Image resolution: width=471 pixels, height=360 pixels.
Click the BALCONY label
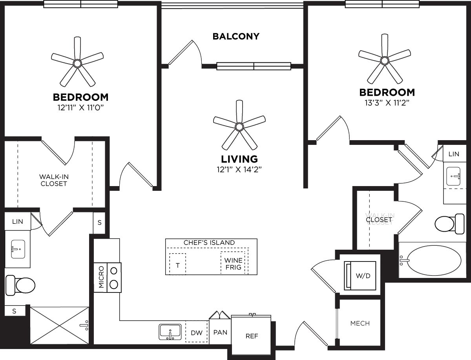(x=236, y=37)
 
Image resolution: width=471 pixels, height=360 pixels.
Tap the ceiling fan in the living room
(x=239, y=126)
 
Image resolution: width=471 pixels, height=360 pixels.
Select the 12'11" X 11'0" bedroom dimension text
(x=80, y=107)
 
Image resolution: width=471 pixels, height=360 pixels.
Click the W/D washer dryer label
(x=363, y=276)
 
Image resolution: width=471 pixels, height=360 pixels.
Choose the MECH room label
(x=360, y=323)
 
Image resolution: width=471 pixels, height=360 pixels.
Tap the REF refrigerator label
(x=251, y=336)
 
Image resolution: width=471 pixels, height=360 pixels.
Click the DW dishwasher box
(x=197, y=333)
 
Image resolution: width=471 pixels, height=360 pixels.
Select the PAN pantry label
(x=220, y=332)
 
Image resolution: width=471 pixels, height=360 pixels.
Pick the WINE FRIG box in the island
(x=233, y=264)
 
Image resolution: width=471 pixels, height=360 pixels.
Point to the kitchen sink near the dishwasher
(x=170, y=332)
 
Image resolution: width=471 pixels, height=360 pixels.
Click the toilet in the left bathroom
(x=21, y=285)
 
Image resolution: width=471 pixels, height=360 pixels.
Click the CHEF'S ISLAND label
(x=209, y=243)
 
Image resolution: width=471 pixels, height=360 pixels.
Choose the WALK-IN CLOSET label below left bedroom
(x=54, y=180)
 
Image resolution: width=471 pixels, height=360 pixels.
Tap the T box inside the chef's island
(x=177, y=265)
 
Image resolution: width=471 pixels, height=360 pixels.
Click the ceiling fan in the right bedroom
(x=385, y=60)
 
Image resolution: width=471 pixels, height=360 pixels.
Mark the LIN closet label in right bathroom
(x=454, y=154)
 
